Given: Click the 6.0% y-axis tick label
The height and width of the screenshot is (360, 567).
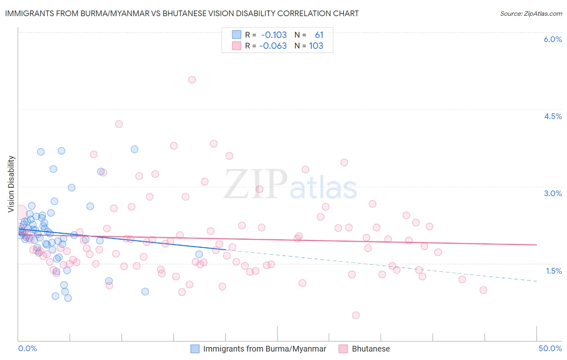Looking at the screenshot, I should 552,39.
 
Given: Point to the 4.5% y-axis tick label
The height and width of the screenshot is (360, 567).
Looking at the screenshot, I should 552,116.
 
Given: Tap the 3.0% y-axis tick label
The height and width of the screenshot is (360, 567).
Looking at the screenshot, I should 552,193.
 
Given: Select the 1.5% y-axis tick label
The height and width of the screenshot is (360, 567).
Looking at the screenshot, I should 554,271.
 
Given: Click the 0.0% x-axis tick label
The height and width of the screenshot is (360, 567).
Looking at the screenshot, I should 27,348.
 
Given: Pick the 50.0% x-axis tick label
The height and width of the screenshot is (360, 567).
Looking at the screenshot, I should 550,348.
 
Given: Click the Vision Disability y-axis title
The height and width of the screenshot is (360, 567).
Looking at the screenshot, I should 11,184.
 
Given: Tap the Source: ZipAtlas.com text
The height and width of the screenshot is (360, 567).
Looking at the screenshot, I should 531,13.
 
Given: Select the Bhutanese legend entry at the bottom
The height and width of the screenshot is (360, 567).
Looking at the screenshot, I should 371,349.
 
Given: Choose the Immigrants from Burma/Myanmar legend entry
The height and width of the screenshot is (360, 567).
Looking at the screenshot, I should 265,349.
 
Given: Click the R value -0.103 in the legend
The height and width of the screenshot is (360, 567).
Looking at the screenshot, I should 274,35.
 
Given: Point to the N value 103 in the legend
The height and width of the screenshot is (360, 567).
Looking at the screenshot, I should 316,46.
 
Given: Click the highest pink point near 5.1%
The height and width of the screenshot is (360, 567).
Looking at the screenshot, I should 192,80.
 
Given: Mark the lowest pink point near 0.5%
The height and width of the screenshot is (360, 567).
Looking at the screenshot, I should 356,315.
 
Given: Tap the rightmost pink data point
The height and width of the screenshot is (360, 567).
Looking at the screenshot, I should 483,290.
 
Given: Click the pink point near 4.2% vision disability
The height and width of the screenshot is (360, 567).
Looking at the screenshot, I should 119,124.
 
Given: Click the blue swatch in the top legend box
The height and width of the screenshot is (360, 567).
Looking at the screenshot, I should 236,35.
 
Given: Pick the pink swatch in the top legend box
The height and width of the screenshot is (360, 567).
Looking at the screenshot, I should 236,46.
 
